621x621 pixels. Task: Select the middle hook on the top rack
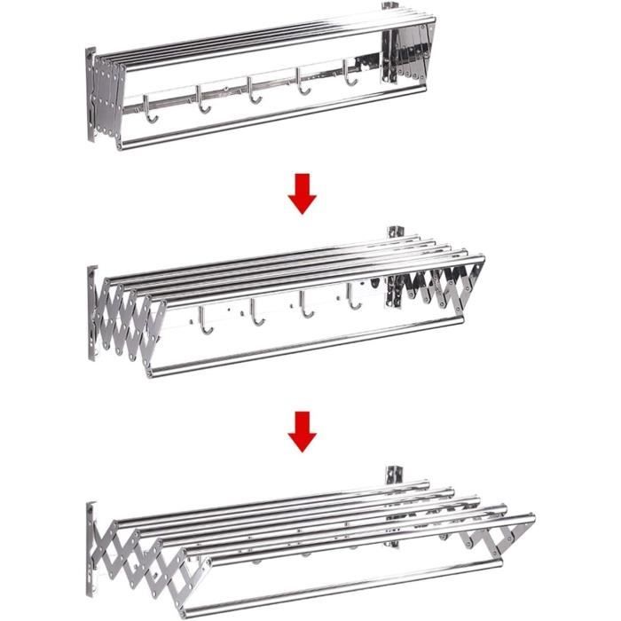point(255,90)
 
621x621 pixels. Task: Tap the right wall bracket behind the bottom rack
point(394,479)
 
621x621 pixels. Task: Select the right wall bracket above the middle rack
point(394,233)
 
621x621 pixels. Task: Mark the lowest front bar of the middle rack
point(302,347)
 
